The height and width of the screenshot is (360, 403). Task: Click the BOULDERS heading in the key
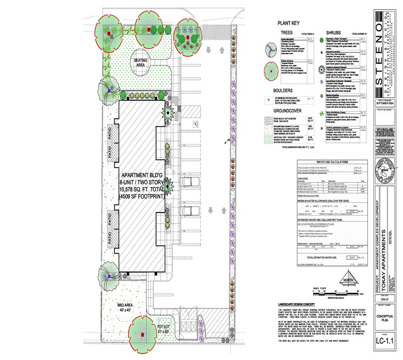coord(283,91)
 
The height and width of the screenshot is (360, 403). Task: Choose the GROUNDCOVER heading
coord(288,110)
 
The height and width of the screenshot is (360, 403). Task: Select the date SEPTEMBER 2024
coord(384,104)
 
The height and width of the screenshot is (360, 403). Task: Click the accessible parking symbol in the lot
coord(196,123)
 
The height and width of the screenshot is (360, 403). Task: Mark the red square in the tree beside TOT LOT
coord(142,334)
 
